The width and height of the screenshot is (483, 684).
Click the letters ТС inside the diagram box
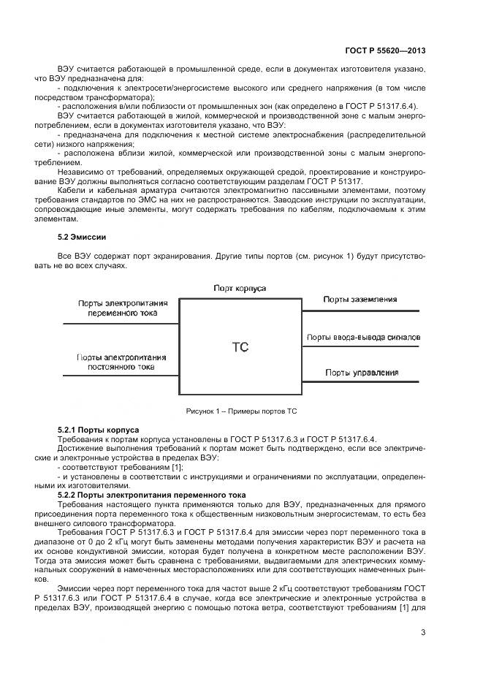coord(240,347)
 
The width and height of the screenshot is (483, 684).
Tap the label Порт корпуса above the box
coord(240,288)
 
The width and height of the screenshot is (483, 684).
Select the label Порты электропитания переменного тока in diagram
coord(122,306)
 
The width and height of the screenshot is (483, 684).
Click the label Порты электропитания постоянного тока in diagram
coord(122,362)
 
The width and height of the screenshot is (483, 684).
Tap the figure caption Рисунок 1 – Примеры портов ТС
coord(240,411)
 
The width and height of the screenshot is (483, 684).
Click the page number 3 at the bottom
coord(423,633)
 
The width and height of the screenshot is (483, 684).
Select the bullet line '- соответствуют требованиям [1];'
coord(109,466)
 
